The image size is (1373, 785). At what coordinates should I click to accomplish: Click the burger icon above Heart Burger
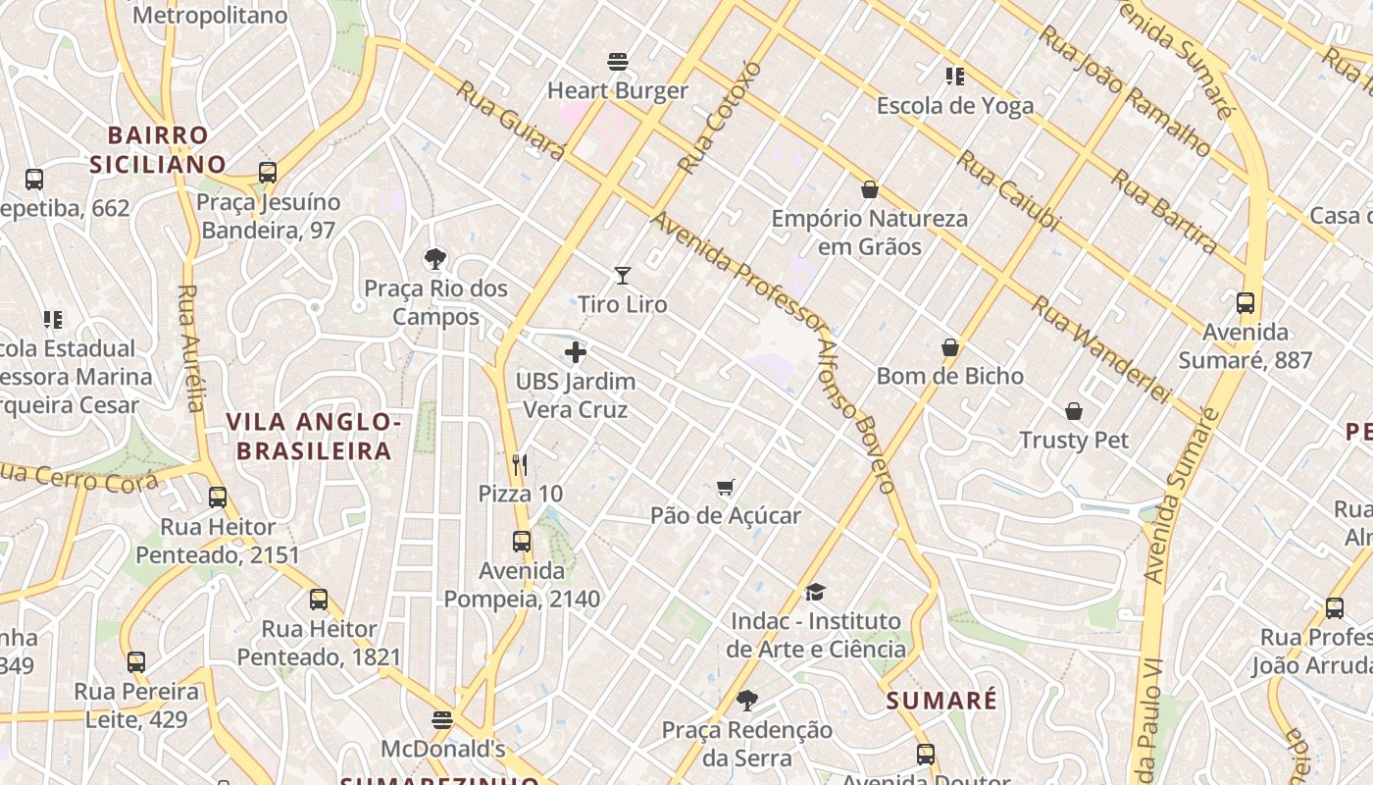(618, 62)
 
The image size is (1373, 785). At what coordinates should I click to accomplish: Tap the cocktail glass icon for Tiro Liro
(622, 276)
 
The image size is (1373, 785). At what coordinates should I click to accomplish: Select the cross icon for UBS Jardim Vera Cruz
(576, 352)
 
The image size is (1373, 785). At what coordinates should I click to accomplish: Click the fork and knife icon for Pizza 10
(520, 464)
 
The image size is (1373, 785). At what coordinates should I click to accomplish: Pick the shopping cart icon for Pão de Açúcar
(726, 487)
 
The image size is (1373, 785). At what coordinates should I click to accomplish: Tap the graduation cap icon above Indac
(815, 592)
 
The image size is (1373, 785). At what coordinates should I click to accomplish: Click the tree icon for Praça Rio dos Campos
(435, 259)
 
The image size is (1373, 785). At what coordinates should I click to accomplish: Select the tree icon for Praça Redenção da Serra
(747, 701)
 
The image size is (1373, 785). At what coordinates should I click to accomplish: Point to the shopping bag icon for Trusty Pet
(1074, 411)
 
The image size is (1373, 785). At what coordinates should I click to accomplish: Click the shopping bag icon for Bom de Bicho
(949, 347)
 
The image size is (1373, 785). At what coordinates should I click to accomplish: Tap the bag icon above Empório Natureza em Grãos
(869, 189)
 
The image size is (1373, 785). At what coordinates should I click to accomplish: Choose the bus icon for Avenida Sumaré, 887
(1246, 303)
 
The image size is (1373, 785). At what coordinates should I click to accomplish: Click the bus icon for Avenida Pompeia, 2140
(522, 542)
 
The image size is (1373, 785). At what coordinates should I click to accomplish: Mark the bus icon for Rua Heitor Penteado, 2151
(218, 497)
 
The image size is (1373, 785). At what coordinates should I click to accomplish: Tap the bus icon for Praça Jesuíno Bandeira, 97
(268, 173)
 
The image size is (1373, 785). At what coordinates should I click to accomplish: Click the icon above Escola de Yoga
(954, 77)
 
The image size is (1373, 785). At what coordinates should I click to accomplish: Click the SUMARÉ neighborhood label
(941, 701)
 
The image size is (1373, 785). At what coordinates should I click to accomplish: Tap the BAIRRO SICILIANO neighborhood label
(158, 149)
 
